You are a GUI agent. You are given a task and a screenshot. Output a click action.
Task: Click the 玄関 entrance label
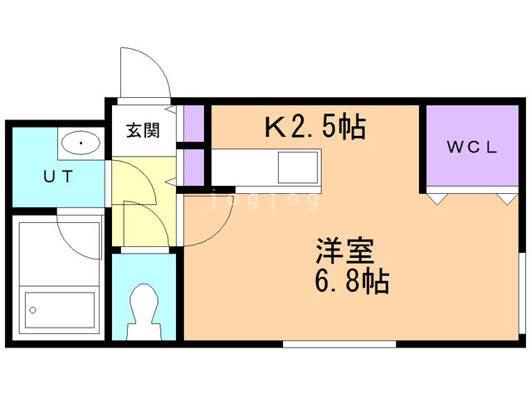142,130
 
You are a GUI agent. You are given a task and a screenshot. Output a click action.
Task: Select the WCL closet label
472,148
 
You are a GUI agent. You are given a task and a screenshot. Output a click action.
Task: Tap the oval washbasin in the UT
80,144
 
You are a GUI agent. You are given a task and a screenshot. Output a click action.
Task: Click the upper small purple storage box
194,124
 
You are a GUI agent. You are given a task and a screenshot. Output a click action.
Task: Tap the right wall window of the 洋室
522,295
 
